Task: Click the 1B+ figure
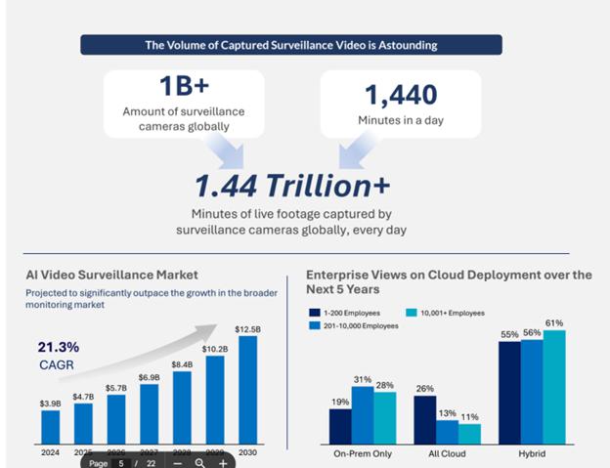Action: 185,85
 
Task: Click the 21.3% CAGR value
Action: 58,346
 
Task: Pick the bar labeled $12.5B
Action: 248,389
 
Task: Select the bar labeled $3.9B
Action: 50,426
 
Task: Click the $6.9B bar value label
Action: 149,376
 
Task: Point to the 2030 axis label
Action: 248,452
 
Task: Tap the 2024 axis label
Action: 50,452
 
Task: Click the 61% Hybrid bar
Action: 555,386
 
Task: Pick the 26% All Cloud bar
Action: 424,418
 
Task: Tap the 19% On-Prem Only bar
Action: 340,425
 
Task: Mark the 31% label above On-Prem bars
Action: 363,379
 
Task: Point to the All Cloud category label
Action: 447,453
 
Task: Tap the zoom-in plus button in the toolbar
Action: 223,462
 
